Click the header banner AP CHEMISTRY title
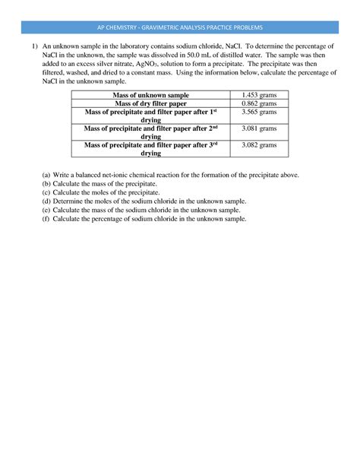[x=180, y=27]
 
